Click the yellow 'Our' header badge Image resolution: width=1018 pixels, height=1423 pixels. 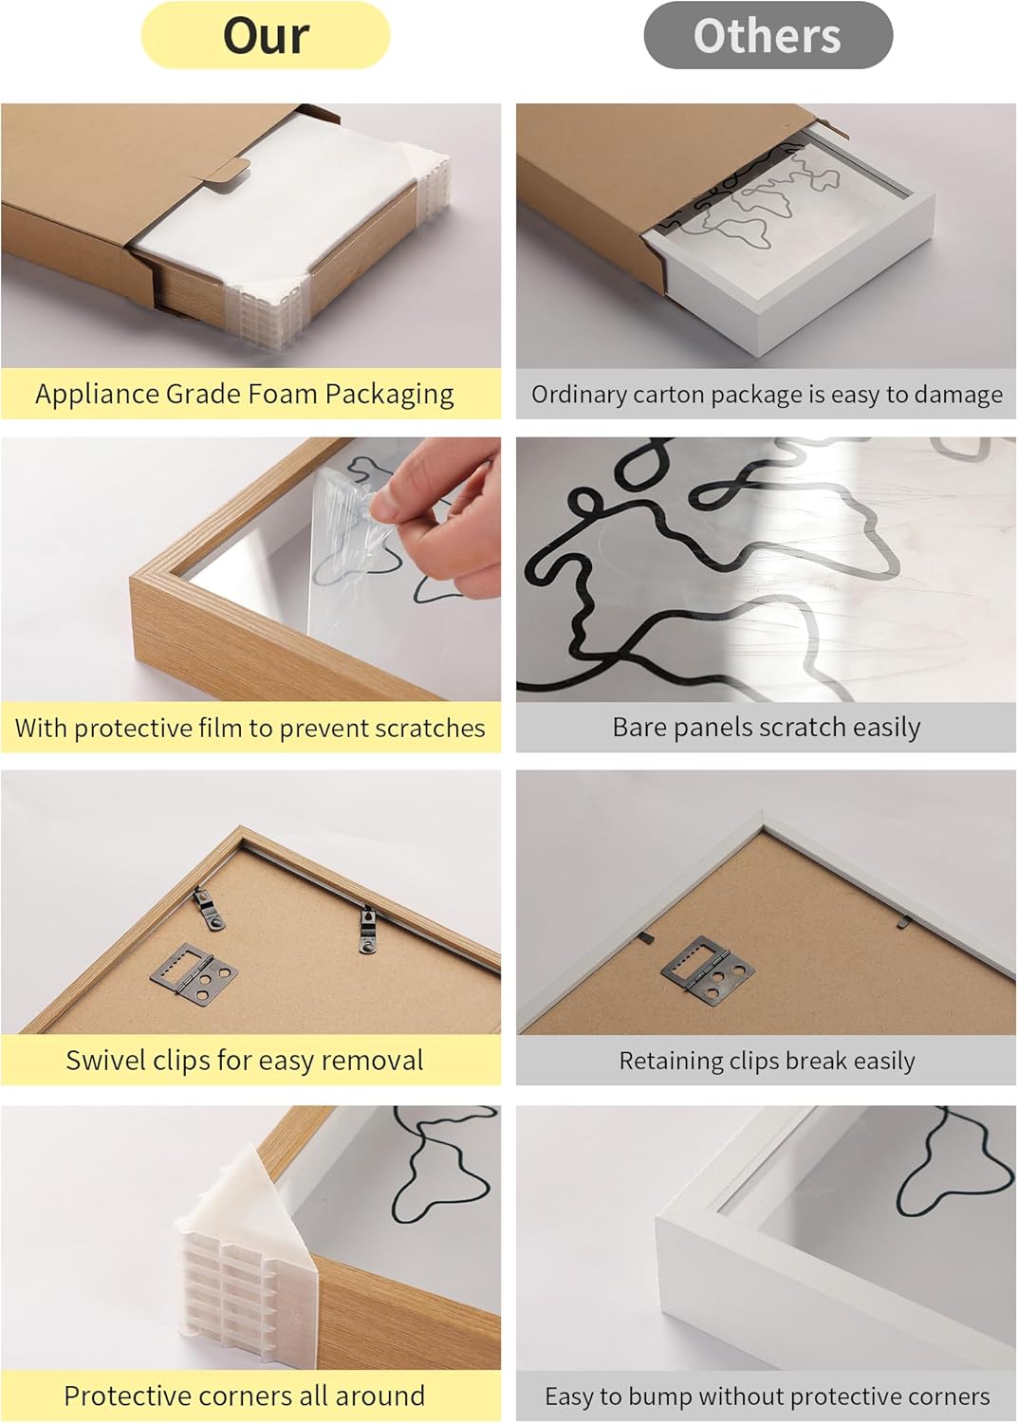point(265,35)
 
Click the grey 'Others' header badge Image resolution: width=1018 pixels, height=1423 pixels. point(768,35)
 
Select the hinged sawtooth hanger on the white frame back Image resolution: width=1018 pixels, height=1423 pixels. point(707,967)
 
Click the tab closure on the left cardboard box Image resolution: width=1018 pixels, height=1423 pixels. point(228,171)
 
